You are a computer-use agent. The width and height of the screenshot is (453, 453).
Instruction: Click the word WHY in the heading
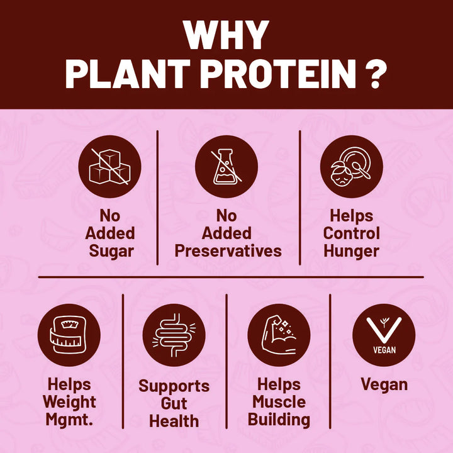tap(226, 35)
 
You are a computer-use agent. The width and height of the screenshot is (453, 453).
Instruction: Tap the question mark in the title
tap(376, 74)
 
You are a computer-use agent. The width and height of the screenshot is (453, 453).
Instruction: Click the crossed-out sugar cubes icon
tap(109, 167)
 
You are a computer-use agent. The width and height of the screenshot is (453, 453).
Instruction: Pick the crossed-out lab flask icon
tap(226, 167)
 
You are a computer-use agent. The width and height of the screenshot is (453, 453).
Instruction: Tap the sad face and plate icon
tap(352, 167)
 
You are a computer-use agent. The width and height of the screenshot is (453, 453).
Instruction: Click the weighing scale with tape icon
tap(69, 335)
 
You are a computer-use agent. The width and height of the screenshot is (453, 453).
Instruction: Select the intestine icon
tap(174, 335)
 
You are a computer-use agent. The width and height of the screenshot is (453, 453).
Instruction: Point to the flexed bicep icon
tap(279, 335)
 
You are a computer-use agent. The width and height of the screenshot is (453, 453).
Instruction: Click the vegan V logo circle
tap(384, 335)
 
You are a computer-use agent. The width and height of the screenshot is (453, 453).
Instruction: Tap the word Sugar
tap(111, 252)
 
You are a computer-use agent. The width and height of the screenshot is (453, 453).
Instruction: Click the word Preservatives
tap(228, 251)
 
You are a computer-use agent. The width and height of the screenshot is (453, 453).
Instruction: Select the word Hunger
tap(351, 251)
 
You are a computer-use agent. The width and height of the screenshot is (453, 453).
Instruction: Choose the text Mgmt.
tap(69, 420)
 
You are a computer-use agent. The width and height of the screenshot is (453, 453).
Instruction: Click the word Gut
tap(174, 403)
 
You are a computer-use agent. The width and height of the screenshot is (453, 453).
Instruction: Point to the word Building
tap(279, 420)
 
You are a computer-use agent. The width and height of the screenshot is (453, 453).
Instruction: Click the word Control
tap(352, 233)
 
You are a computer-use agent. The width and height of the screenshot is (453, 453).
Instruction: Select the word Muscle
tap(279, 402)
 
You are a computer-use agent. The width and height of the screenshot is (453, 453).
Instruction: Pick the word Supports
tap(174, 386)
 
